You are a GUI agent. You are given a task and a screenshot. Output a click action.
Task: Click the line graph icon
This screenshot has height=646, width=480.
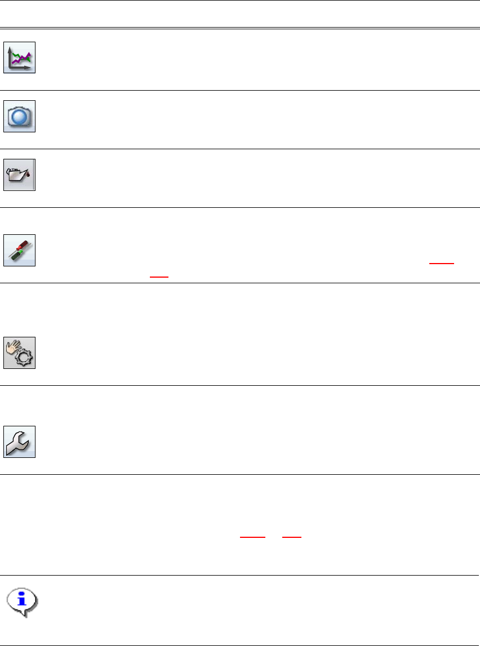(20, 57)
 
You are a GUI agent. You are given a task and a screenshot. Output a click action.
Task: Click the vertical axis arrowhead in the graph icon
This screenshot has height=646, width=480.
(11, 48)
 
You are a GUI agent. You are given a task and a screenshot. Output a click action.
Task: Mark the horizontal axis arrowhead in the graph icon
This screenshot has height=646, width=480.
(31, 68)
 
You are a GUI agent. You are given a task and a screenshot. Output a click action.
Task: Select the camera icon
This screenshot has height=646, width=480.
(20, 117)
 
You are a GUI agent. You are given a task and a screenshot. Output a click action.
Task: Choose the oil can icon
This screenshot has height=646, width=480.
(19, 175)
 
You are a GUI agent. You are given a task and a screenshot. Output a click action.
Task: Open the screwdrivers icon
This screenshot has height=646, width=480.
(20, 250)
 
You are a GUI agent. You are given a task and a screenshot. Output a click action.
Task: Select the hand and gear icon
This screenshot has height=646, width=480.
(20, 353)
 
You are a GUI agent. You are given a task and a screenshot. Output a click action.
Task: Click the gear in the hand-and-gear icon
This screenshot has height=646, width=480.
(25, 358)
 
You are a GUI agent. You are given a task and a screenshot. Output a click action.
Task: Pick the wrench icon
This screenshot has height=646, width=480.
(20, 442)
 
